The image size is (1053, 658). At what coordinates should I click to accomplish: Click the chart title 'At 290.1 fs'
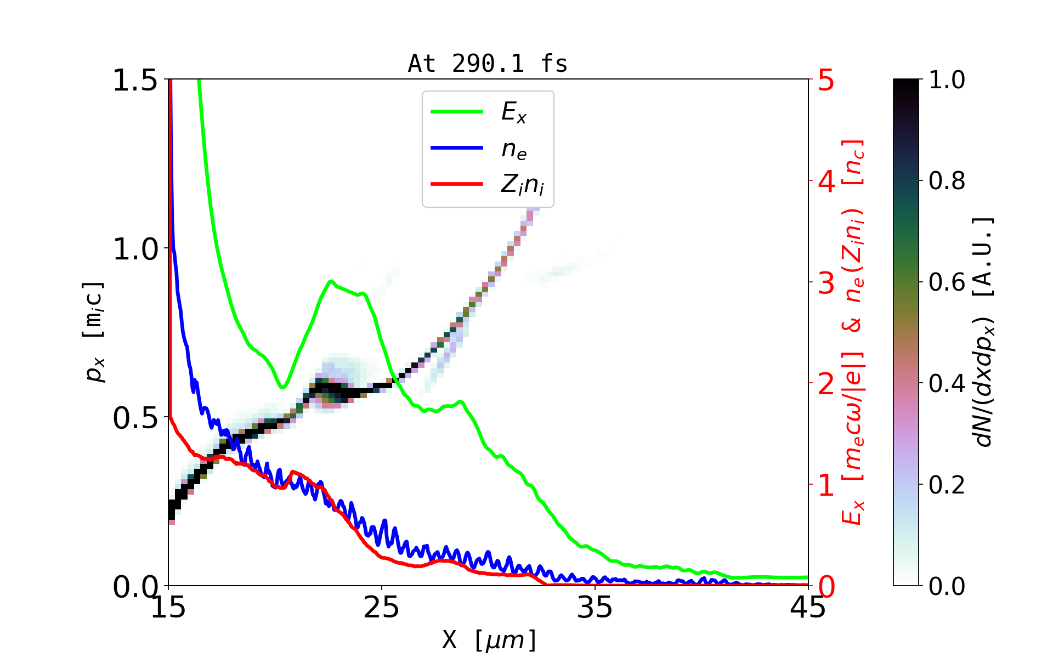click(x=488, y=64)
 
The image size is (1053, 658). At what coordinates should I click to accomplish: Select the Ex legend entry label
click(x=514, y=112)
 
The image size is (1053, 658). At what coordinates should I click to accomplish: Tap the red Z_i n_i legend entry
click(x=522, y=185)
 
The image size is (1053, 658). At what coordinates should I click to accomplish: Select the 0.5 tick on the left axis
click(x=135, y=418)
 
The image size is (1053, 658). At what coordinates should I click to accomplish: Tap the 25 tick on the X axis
click(x=382, y=608)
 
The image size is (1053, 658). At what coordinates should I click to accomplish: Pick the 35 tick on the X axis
click(x=595, y=608)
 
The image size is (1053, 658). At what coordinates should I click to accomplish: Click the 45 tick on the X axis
click(x=808, y=608)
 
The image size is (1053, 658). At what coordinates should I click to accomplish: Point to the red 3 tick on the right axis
click(x=826, y=283)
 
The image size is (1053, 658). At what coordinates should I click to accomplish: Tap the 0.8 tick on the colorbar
click(x=947, y=181)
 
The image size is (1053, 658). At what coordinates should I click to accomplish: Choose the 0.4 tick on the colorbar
click(x=947, y=384)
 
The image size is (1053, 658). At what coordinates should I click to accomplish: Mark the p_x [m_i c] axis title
click(x=94, y=332)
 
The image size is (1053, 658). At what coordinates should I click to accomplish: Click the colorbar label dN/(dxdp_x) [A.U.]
click(x=984, y=332)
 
